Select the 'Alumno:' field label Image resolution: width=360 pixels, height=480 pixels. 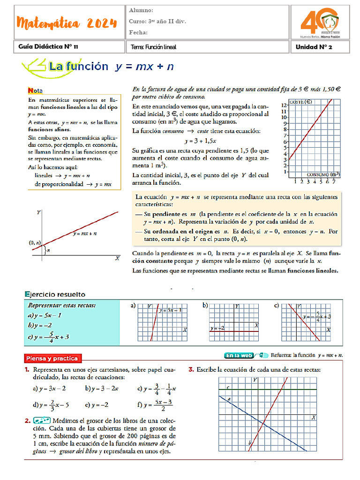click(141, 10)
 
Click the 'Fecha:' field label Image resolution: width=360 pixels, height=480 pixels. click(138, 32)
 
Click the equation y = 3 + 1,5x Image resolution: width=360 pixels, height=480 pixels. click(200, 140)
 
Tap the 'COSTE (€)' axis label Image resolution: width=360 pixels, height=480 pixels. click(301, 101)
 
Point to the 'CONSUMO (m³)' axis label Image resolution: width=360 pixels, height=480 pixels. click(323, 174)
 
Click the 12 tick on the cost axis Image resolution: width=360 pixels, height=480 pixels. click(284, 105)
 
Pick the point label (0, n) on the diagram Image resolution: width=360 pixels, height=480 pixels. click(35, 243)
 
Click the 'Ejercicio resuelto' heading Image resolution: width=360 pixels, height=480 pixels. click(55, 294)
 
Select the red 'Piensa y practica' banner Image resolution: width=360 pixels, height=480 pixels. click(52, 359)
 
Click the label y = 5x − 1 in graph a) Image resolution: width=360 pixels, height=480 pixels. click(171, 310)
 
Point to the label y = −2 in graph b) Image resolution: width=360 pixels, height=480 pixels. click(218, 329)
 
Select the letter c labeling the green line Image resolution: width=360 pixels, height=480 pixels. click(227, 387)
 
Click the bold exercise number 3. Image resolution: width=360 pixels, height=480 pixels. click(191, 370)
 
